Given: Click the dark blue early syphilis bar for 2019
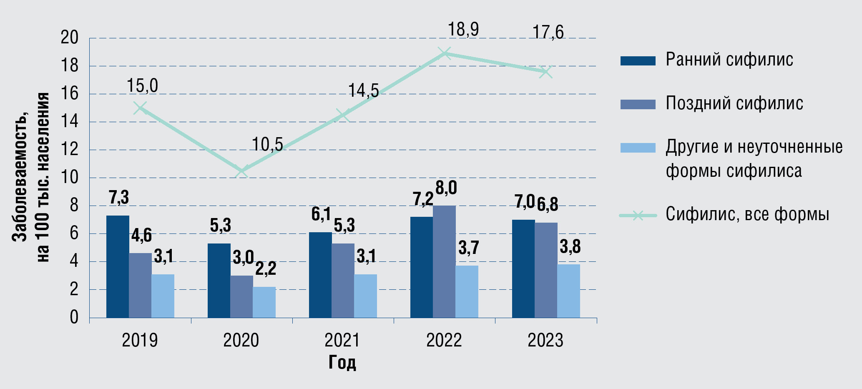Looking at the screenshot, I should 118,267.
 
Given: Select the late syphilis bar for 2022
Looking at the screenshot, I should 444,262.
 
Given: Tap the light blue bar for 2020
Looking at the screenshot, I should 264,302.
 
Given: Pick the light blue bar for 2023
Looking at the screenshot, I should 568,291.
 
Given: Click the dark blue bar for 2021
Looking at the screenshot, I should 320,275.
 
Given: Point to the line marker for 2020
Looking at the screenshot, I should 241,171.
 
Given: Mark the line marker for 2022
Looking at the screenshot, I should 445,53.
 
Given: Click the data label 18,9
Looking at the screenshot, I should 463,30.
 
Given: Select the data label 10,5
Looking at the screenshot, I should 267,145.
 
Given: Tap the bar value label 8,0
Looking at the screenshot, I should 446,188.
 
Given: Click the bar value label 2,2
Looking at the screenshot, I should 266,269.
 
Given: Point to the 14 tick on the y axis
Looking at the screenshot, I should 70,122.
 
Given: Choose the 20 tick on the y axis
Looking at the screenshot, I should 70,38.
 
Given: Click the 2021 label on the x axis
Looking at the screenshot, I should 342,340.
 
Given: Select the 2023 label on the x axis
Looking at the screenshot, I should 545,340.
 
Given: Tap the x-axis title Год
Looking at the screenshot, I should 342,362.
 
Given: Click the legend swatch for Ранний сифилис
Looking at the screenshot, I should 638,60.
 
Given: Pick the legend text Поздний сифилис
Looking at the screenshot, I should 734,103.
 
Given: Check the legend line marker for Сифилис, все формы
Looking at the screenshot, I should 638,215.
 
